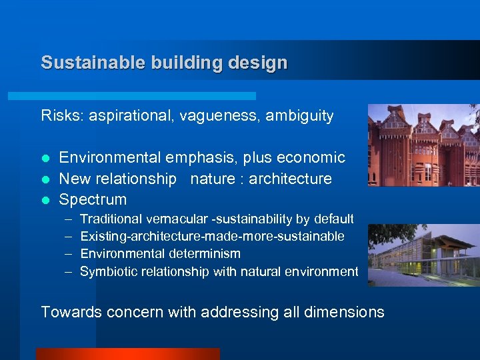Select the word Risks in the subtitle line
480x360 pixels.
59,115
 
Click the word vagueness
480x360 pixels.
225,115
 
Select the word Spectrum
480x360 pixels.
93,199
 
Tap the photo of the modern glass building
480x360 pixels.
423,255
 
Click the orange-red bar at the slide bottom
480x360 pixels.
127,354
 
